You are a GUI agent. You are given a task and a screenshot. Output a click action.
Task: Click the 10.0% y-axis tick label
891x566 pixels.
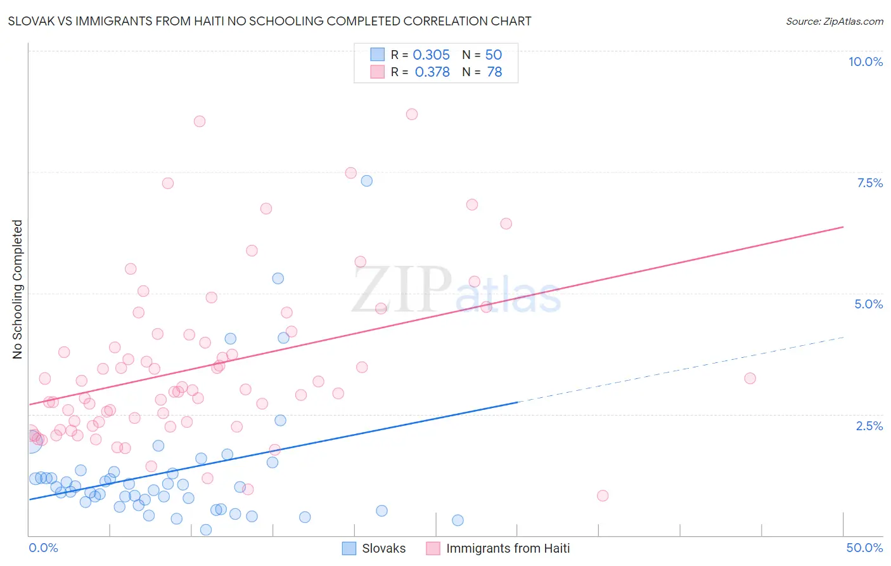(x=865, y=62)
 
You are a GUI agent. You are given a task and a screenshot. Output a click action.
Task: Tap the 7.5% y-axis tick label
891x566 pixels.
(x=869, y=183)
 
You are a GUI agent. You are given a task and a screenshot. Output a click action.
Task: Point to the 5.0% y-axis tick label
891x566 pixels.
(x=868, y=304)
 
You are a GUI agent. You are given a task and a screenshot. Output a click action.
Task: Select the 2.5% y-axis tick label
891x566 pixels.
(x=869, y=426)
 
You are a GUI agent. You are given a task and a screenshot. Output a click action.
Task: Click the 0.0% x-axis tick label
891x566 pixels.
(x=44, y=548)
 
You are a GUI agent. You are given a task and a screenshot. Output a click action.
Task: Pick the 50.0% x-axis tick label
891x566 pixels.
(x=864, y=548)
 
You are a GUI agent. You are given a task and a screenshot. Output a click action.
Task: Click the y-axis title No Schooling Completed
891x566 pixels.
(x=18, y=289)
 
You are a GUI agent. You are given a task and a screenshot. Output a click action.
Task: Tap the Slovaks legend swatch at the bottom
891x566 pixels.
(x=349, y=548)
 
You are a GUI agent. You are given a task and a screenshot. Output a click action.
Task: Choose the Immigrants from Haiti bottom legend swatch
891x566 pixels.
(x=433, y=548)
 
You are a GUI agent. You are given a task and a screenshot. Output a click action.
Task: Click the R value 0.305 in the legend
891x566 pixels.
(x=431, y=55)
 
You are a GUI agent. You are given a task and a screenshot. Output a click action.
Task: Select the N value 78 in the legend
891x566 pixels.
(x=494, y=72)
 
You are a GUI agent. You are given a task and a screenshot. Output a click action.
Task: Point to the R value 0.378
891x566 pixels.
(x=432, y=72)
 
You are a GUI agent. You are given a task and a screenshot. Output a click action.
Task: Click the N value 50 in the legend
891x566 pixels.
(x=494, y=55)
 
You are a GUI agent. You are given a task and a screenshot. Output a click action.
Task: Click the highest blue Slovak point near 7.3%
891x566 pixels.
(x=366, y=181)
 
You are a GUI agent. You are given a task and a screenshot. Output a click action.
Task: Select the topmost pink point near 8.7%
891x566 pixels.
(x=412, y=114)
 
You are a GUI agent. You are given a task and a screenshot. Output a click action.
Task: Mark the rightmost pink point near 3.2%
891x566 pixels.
(x=750, y=378)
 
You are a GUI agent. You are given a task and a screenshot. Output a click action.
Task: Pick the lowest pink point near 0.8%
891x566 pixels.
(x=603, y=496)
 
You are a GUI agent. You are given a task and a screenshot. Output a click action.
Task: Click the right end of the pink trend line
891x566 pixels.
(x=843, y=227)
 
